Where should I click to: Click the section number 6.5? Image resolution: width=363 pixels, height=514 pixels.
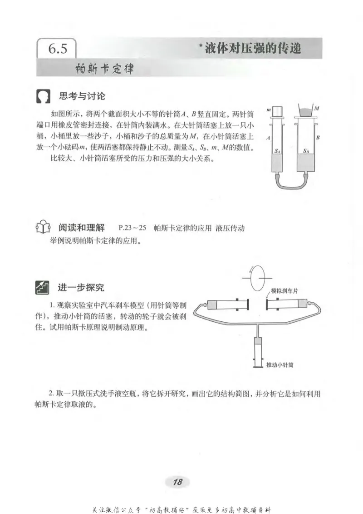58,49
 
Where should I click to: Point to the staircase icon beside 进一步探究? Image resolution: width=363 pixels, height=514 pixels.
42,288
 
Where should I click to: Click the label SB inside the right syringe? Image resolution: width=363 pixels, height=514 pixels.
306,150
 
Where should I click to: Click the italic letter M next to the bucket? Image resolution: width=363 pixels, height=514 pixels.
316,109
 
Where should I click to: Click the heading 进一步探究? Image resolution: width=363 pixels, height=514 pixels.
81,288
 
